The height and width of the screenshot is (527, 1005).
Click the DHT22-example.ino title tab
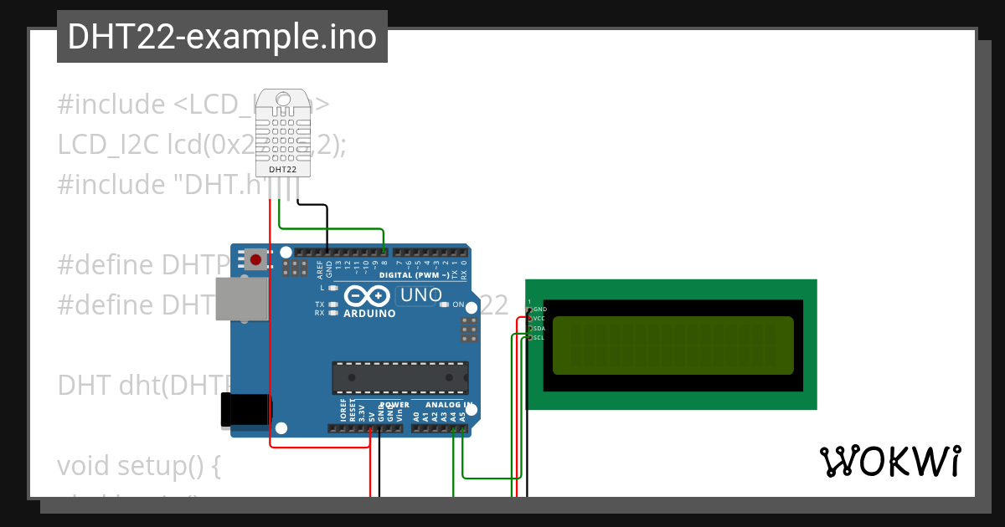click(x=222, y=37)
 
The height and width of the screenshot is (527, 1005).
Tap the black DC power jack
click(x=245, y=411)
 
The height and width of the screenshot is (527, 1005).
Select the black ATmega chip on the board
click(x=399, y=377)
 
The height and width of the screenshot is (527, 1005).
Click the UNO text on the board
click(x=420, y=295)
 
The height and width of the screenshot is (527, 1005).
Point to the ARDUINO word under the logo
click(x=369, y=313)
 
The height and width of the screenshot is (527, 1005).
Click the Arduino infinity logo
click(x=367, y=296)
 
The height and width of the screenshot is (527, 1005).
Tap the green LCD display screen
click(x=673, y=345)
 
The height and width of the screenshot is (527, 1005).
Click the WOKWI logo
click(x=889, y=461)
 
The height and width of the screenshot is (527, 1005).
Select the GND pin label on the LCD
click(x=539, y=310)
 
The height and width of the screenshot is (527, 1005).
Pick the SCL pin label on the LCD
click(x=539, y=338)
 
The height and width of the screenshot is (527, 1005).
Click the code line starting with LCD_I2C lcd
click(x=201, y=145)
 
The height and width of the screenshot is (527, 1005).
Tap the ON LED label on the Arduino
click(x=458, y=304)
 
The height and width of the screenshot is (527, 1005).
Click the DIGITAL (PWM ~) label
click(x=414, y=275)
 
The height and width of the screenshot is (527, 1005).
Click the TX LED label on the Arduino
click(x=319, y=304)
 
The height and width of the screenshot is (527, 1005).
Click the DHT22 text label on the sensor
click(x=282, y=170)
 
